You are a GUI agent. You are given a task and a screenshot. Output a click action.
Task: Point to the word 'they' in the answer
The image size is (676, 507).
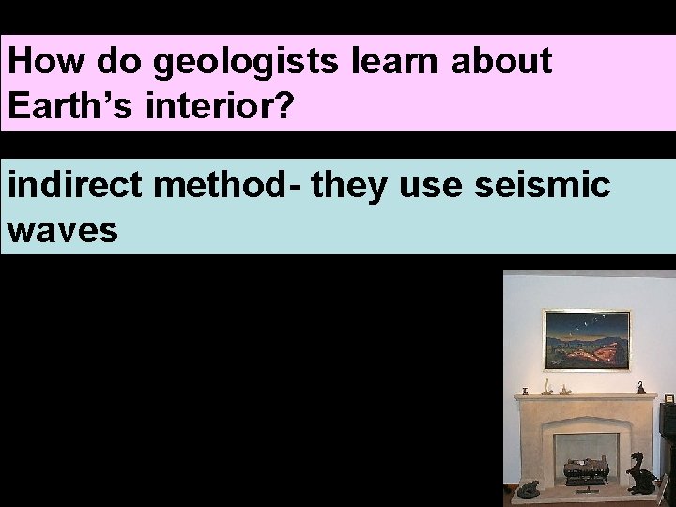coord(349,187)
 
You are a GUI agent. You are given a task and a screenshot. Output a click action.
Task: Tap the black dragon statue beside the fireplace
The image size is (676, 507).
coord(643,473)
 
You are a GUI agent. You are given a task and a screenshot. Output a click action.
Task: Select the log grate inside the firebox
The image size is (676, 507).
coord(584,470)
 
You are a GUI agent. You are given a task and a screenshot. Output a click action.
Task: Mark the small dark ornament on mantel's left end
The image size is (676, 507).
coord(525,390)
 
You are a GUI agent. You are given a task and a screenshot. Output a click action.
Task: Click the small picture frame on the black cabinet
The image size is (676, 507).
coord(668,399)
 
